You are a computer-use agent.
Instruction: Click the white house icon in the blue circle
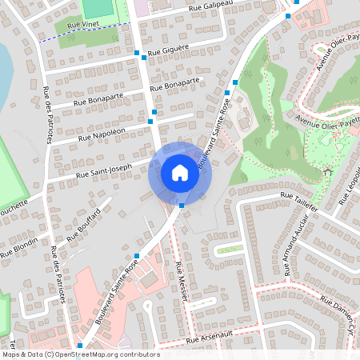tap(179, 173)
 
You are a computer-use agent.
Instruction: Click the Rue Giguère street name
tap(169, 50)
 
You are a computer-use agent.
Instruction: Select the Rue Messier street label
tap(182, 282)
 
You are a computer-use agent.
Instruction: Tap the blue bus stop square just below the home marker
tap(182, 206)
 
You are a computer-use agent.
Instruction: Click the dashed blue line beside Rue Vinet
tap(80, 33)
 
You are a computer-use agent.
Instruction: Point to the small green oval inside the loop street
tap(229, 249)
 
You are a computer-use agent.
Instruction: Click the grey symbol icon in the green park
tap(327, 170)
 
